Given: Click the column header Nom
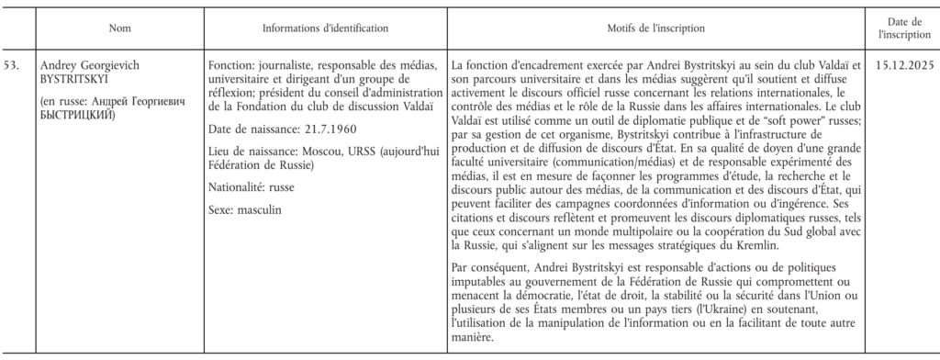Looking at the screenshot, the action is (119, 28).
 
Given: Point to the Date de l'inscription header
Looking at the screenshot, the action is (904, 28).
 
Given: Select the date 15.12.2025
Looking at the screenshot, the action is (903, 66).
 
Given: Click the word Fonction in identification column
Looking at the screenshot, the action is (233, 66).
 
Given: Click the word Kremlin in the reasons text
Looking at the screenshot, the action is (757, 245).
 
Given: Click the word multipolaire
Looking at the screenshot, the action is (626, 231).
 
